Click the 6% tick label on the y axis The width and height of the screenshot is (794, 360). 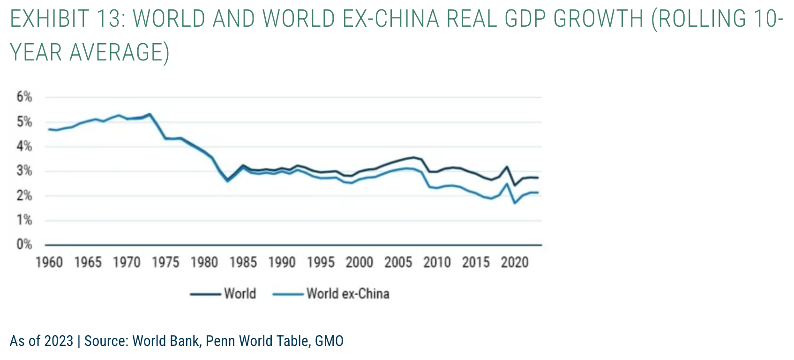coord(24,97)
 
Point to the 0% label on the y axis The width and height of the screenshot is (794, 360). coord(24,244)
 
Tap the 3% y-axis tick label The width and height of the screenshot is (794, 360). coord(24,171)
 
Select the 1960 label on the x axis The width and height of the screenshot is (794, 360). coord(49,262)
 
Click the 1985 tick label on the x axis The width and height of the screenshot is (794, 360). coord(243,262)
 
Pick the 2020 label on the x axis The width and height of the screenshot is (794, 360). coord(514,262)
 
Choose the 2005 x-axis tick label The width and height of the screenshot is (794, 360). coord(398,262)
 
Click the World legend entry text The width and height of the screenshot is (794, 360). coord(240,294)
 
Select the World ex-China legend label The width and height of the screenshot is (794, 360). coord(348,294)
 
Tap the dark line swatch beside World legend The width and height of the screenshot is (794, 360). coord(205,294)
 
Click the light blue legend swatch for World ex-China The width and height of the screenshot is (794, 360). coord(288,294)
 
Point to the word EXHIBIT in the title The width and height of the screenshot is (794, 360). coord(50,19)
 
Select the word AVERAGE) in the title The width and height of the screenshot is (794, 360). coord(119,52)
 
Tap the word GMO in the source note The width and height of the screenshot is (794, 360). coord(329,341)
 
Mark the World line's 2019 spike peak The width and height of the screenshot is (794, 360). coord(507,166)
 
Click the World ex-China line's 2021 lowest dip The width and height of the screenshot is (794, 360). coord(515,203)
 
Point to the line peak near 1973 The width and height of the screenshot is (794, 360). coord(150,114)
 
